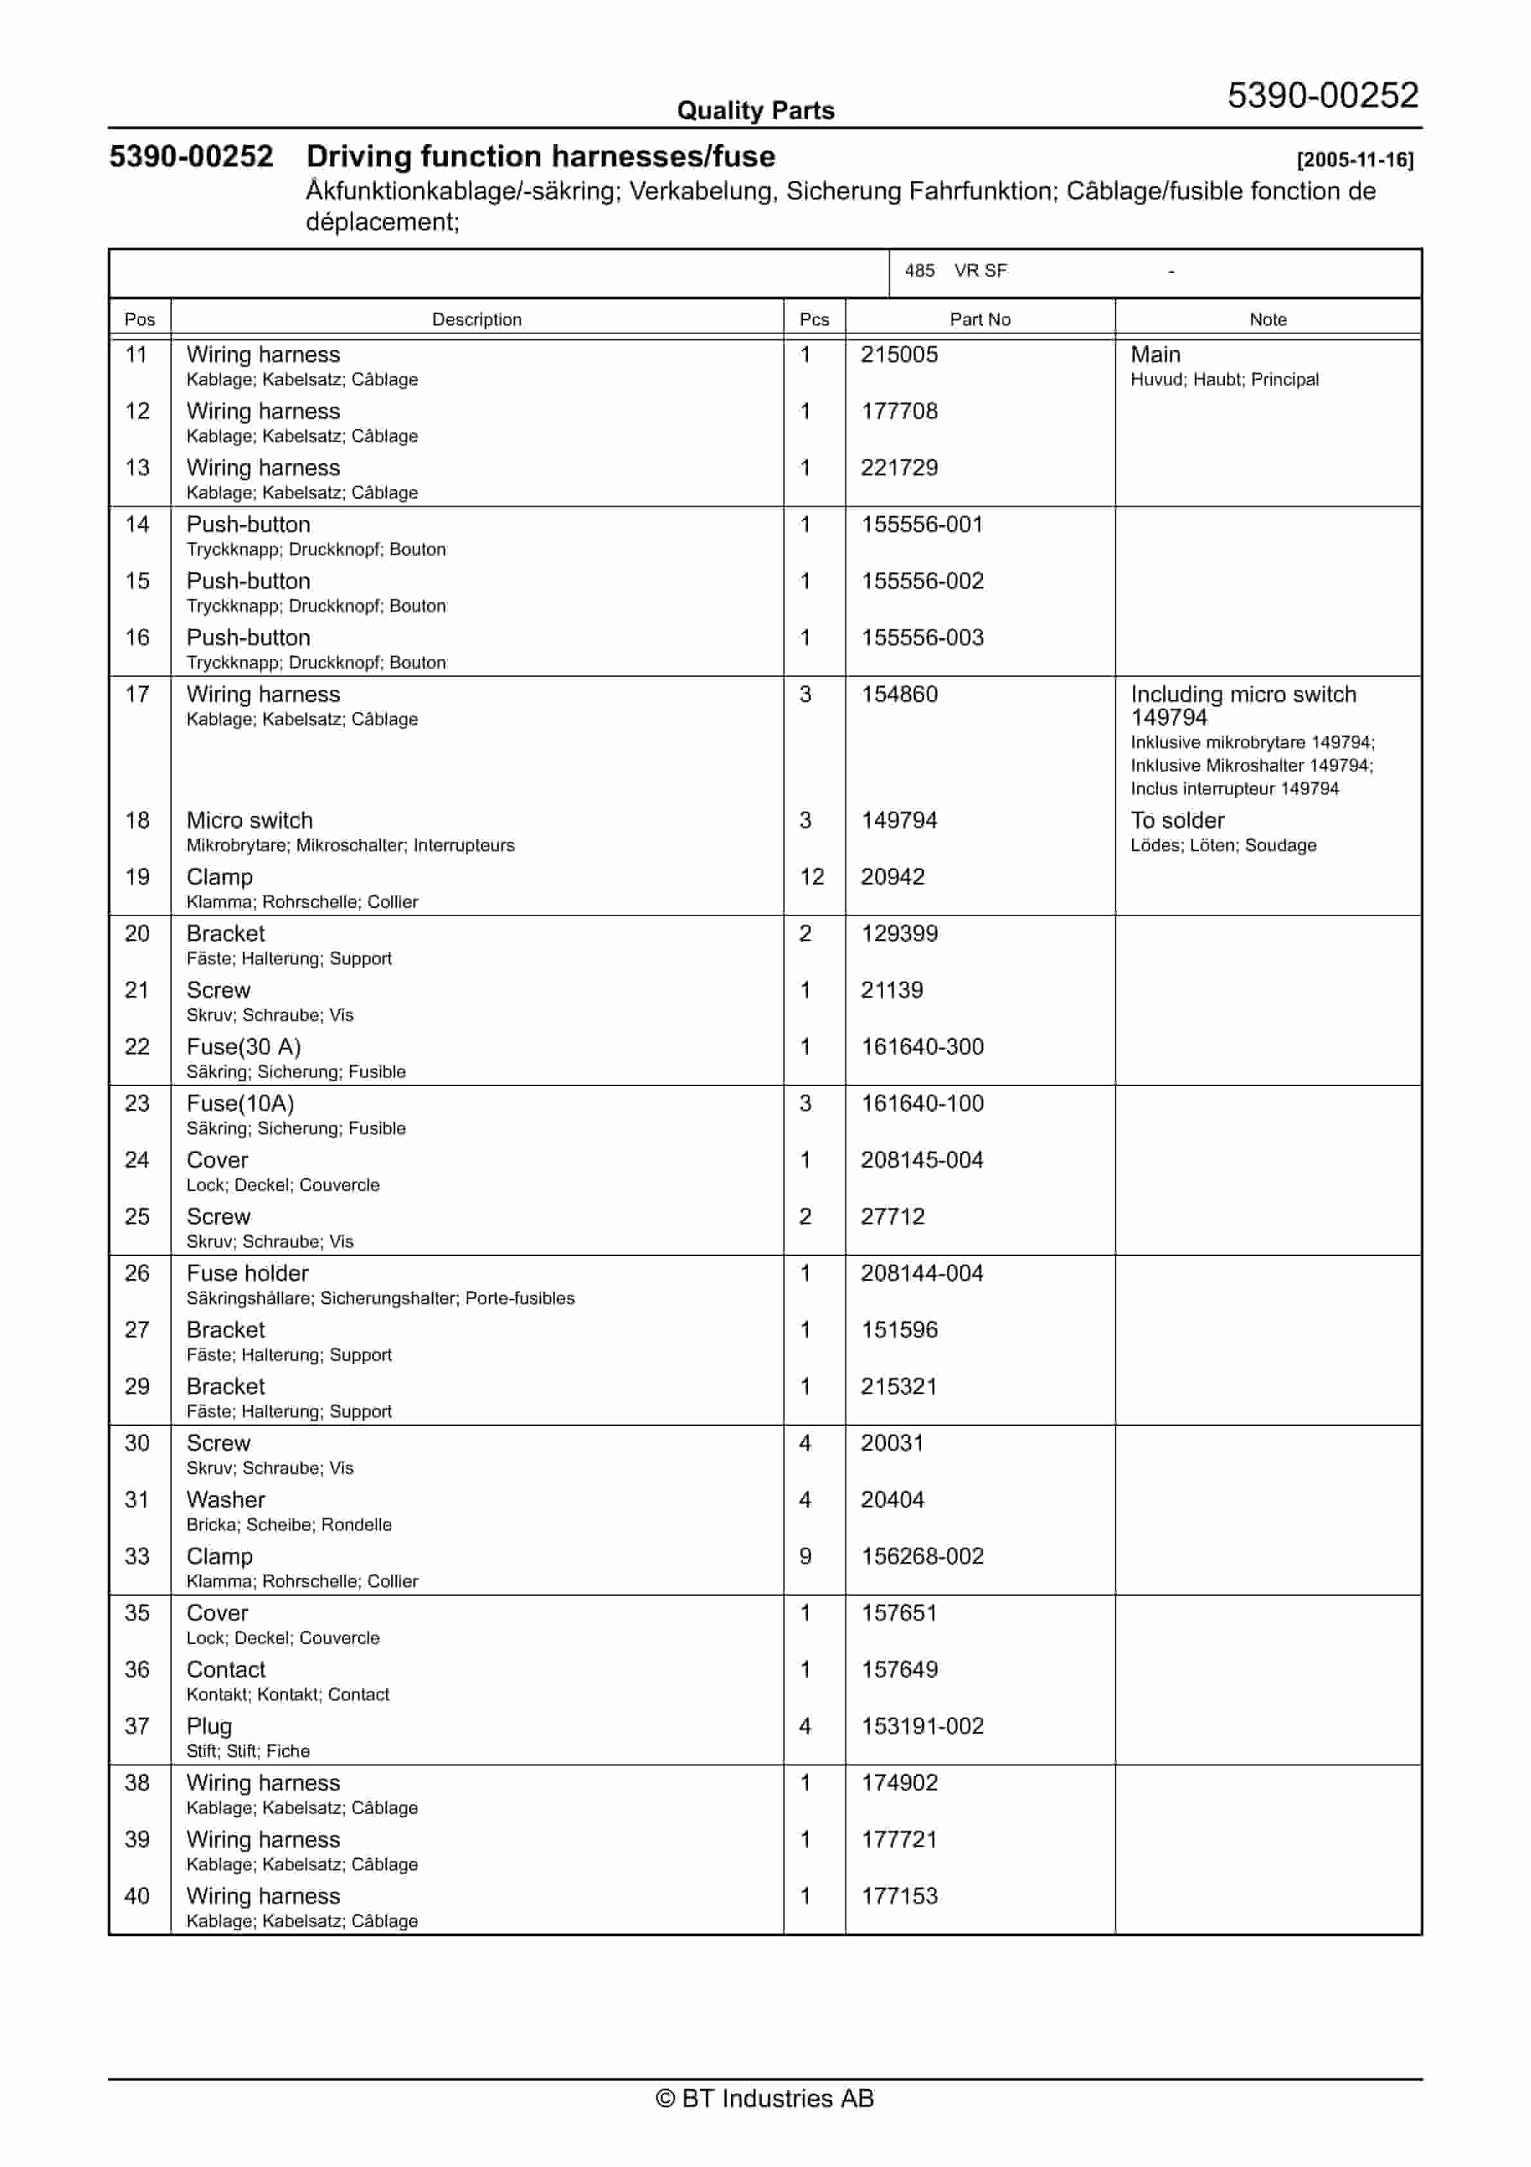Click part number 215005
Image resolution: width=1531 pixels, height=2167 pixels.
[x=899, y=355]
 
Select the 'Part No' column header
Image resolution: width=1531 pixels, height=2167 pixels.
[x=979, y=319]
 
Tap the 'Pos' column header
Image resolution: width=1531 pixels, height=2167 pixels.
[x=140, y=319]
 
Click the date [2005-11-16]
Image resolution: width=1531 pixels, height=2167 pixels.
[x=1355, y=160]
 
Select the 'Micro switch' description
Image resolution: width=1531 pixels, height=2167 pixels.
[x=249, y=820]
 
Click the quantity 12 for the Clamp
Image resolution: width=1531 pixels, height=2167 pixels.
[x=812, y=877]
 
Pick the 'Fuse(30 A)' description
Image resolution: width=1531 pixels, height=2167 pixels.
[x=244, y=1047]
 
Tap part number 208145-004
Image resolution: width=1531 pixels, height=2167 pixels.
[x=921, y=1160]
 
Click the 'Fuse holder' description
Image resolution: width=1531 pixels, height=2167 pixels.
[x=247, y=1273]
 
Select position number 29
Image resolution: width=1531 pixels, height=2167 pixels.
[x=138, y=1387]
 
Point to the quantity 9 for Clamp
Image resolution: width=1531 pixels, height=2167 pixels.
[x=805, y=1556]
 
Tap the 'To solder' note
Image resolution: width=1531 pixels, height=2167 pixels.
[x=1177, y=820]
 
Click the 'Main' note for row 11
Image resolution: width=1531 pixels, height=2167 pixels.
[x=1155, y=355]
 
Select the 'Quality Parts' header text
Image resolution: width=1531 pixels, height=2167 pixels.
[x=755, y=111]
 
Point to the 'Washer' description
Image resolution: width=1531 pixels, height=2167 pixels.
[x=226, y=1500]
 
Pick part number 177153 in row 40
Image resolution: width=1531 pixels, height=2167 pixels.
[x=899, y=1896]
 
